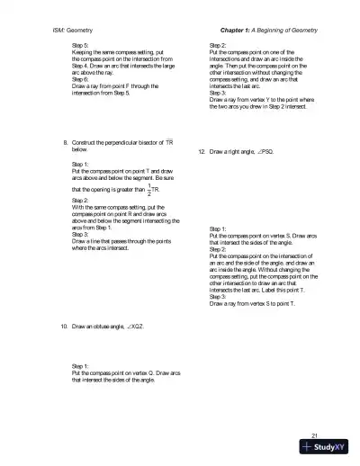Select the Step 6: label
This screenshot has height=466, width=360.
coord(81,76)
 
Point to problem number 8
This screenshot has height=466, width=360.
coord(65,142)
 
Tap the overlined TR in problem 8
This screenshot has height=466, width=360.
coord(167,142)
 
